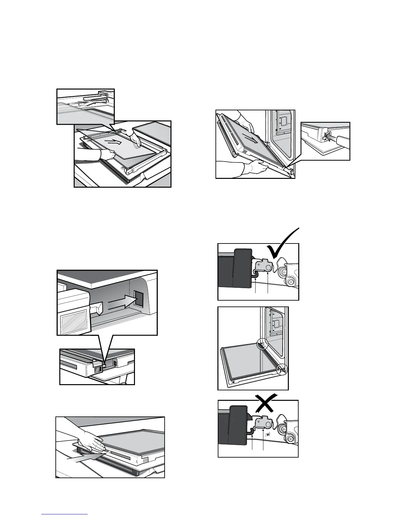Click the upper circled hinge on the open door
(263, 344)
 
